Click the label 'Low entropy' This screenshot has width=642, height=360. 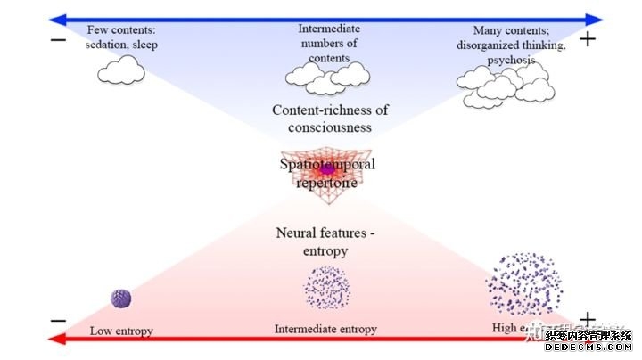tap(121, 331)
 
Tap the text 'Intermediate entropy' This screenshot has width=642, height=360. tap(325, 329)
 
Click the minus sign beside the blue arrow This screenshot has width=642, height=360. tap(59, 40)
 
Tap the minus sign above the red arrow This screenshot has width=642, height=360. tap(59, 320)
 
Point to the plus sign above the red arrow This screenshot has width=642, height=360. tap(587, 319)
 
